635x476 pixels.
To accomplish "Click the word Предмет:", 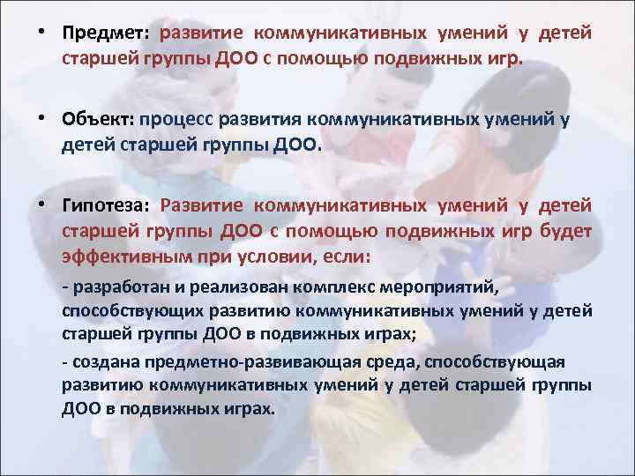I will pos(107,33).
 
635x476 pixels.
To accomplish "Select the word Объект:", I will pos(96,118).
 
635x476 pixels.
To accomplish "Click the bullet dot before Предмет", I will pos(41,33).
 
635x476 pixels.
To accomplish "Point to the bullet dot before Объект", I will pos(41,118).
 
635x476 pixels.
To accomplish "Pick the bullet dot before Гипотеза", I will pos(41,205).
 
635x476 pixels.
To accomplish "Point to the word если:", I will pos(347,257).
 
